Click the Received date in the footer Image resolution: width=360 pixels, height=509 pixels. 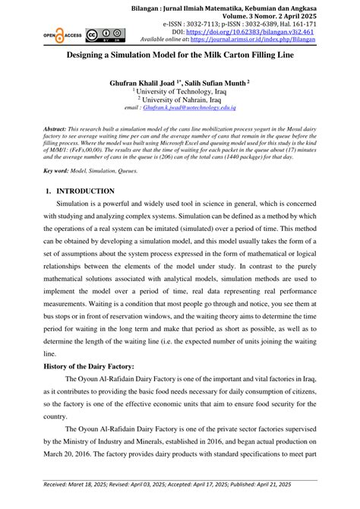(x=77, y=502)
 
